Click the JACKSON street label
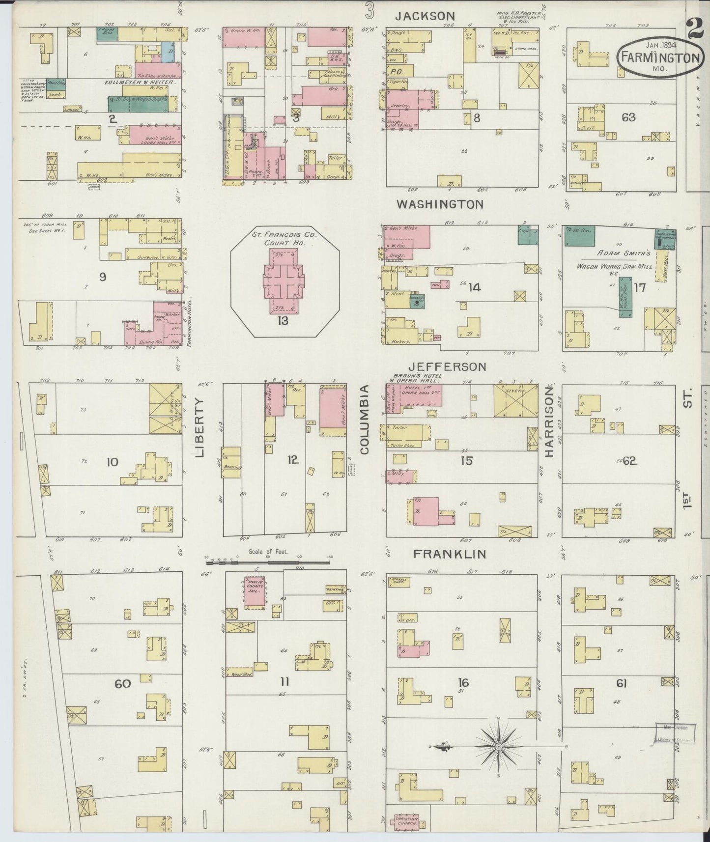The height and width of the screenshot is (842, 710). coord(426,16)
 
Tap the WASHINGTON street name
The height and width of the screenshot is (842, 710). coord(440,204)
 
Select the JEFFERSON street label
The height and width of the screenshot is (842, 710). coord(448,366)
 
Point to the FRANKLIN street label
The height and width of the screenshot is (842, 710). coord(450,554)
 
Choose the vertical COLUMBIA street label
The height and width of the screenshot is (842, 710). coord(364,419)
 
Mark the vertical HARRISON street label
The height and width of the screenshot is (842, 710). coord(549,421)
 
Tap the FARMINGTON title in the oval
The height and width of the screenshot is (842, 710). coord(659,57)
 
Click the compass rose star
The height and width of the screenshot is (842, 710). coord(498,747)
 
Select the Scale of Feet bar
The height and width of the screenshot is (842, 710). coord(268,560)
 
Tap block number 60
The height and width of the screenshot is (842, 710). coord(122,683)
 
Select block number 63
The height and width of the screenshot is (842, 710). coord(628,117)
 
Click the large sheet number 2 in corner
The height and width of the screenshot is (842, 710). coord(696,29)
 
